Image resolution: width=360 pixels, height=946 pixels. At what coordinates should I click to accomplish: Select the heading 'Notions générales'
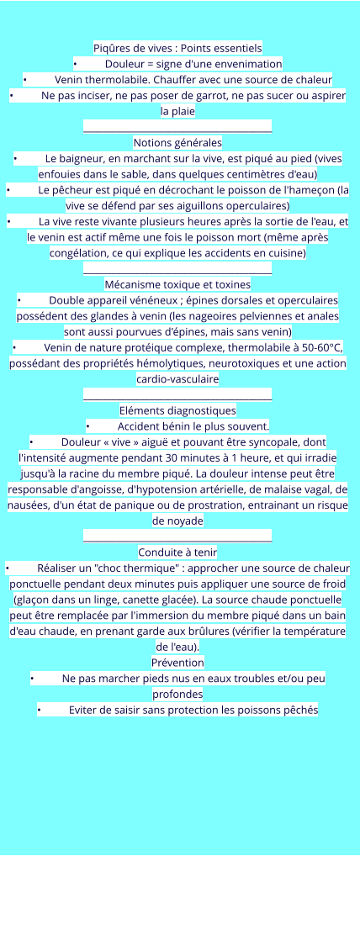pyautogui.click(x=177, y=142)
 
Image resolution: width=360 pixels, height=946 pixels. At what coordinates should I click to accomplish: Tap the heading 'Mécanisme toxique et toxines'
pyautogui.click(x=177, y=284)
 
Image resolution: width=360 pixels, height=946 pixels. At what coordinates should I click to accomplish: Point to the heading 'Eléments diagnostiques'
pyautogui.click(x=177, y=410)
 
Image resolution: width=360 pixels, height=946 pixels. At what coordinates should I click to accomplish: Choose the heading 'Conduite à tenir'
pyautogui.click(x=177, y=552)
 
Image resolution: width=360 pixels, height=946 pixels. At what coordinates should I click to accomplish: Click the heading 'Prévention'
pyautogui.click(x=177, y=663)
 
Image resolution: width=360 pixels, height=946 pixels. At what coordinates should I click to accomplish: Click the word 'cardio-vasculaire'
pyautogui.click(x=177, y=379)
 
